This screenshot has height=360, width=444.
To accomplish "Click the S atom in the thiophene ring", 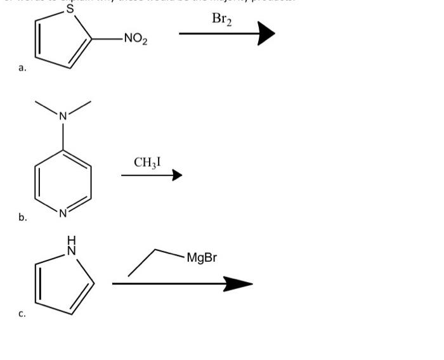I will pyautogui.click(x=70, y=10).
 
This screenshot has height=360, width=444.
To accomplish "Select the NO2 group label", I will pyautogui.click(x=135, y=39).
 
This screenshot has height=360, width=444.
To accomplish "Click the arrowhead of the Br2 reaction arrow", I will pyautogui.click(x=266, y=34).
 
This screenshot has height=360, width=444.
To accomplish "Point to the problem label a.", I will pyautogui.click(x=22, y=68).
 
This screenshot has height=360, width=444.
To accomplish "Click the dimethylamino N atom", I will pyautogui.click(x=63, y=116).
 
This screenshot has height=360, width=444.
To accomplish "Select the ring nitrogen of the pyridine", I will pyautogui.click(x=63, y=213).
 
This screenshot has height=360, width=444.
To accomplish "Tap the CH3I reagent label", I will pyautogui.click(x=147, y=162).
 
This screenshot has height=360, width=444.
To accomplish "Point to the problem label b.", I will pyautogui.click(x=22, y=217).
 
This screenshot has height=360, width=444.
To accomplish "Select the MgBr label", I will pyautogui.click(x=202, y=258).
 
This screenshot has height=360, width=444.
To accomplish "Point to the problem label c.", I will pyautogui.click(x=22, y=313).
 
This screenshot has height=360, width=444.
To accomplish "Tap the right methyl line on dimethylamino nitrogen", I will pyautogui.click(x=79, y=107).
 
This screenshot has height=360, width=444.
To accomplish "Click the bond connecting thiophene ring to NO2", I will pyautogui.click(x=106, y=39).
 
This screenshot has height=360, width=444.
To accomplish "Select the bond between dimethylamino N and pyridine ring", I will pyautogui.click(x=63, y=135).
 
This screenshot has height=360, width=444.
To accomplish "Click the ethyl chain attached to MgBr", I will pyautogui.click(x=155, y=257).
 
